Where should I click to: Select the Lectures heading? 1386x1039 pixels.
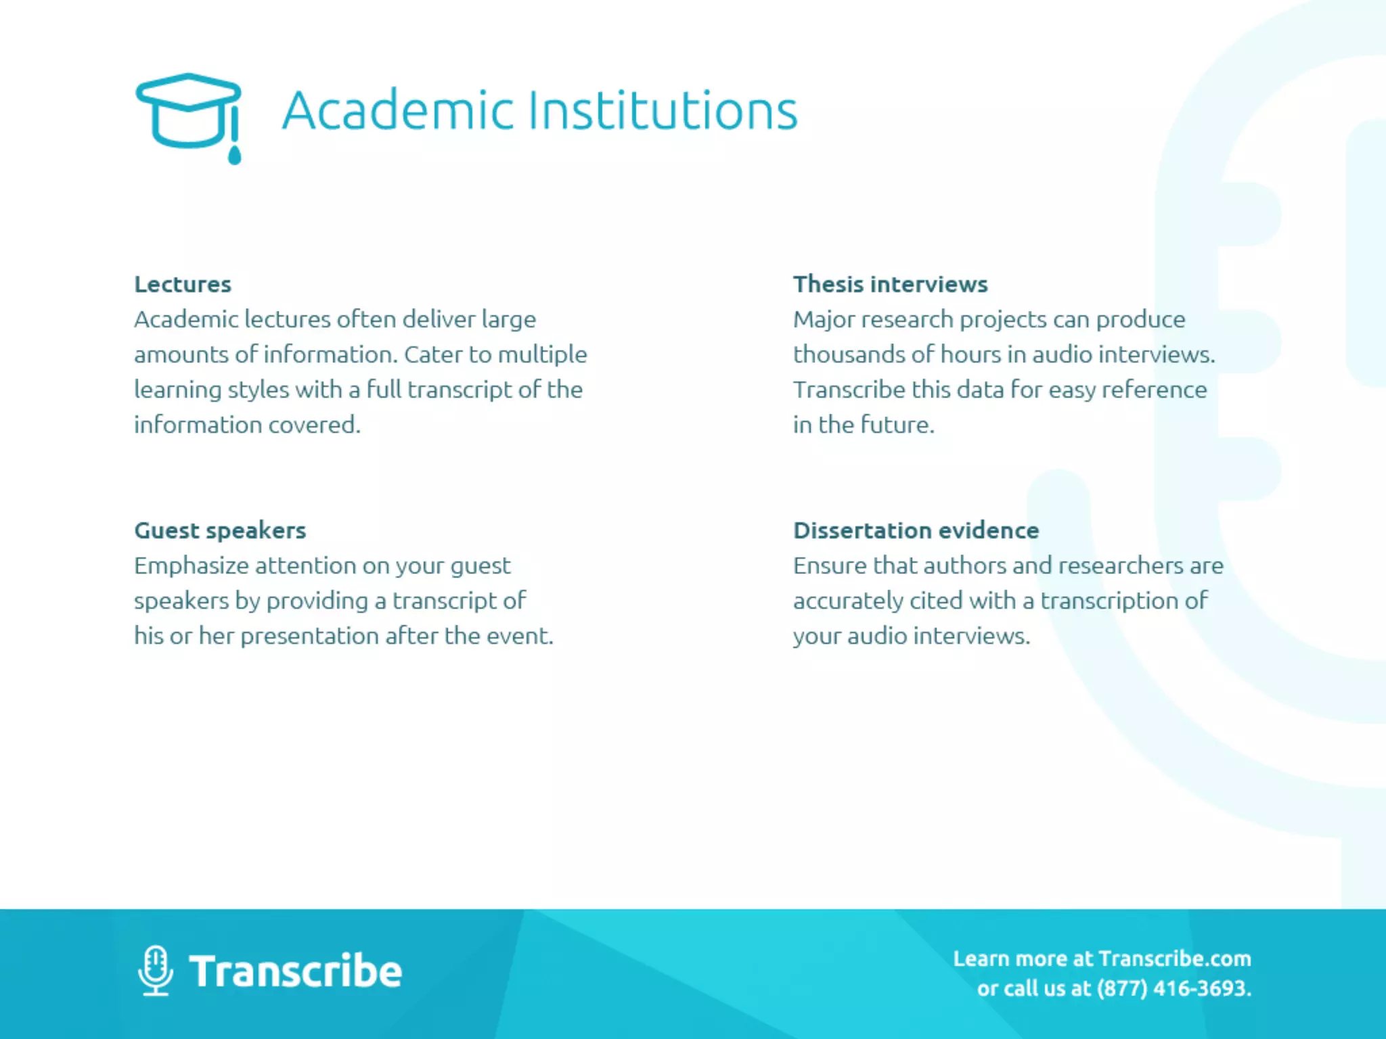tap(183, 284)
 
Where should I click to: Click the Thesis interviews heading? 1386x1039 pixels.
tap(890, 284)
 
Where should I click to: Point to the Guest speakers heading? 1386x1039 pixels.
tap(220, 530)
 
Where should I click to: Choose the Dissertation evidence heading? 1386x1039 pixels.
tap(916, 530)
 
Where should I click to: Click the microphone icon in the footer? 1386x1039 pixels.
tap(156, 970)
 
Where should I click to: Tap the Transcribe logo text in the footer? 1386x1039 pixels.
tap(295, 971)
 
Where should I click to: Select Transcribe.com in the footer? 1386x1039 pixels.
tap(1175, 959)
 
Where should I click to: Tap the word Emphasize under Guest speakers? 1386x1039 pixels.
tap(191, 565)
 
